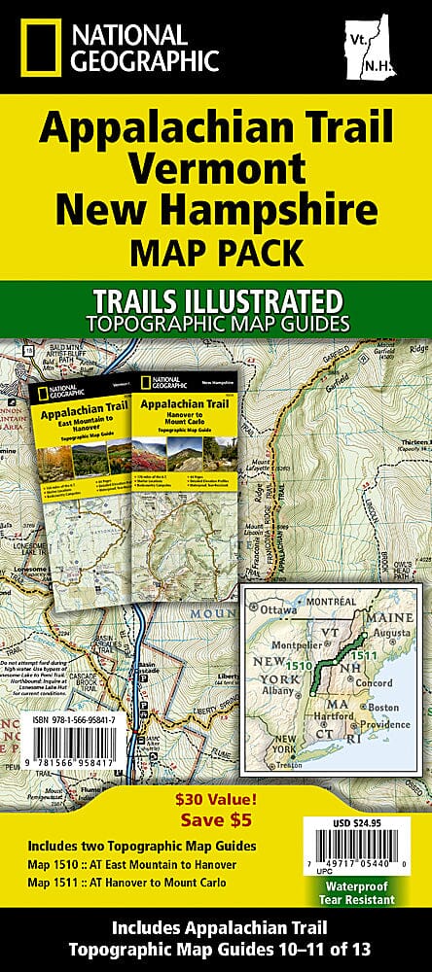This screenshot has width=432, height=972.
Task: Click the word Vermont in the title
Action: pyautogui.click(x=215, y=163)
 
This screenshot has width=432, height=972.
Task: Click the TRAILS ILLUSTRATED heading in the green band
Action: pyautogui.click(x=216, y=296)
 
